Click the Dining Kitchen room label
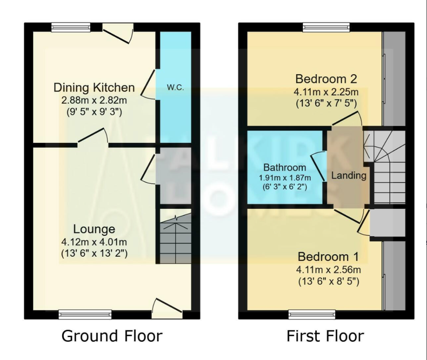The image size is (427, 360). (94, 87)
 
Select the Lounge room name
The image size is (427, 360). (94, 229)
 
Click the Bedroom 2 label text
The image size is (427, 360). (326, 79)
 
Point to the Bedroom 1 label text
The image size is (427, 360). (328, 256)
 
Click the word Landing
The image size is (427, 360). (349, 175)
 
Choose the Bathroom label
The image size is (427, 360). (285, 167)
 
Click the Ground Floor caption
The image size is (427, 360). (112, 336)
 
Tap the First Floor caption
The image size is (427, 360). (325, 336)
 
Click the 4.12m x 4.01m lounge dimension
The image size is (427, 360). (94, 242)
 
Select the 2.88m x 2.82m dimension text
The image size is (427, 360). (94, 100)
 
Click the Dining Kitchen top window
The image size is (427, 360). (71, 27)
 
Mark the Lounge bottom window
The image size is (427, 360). (85, 314)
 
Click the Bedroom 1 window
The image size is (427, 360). (312, 314)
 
